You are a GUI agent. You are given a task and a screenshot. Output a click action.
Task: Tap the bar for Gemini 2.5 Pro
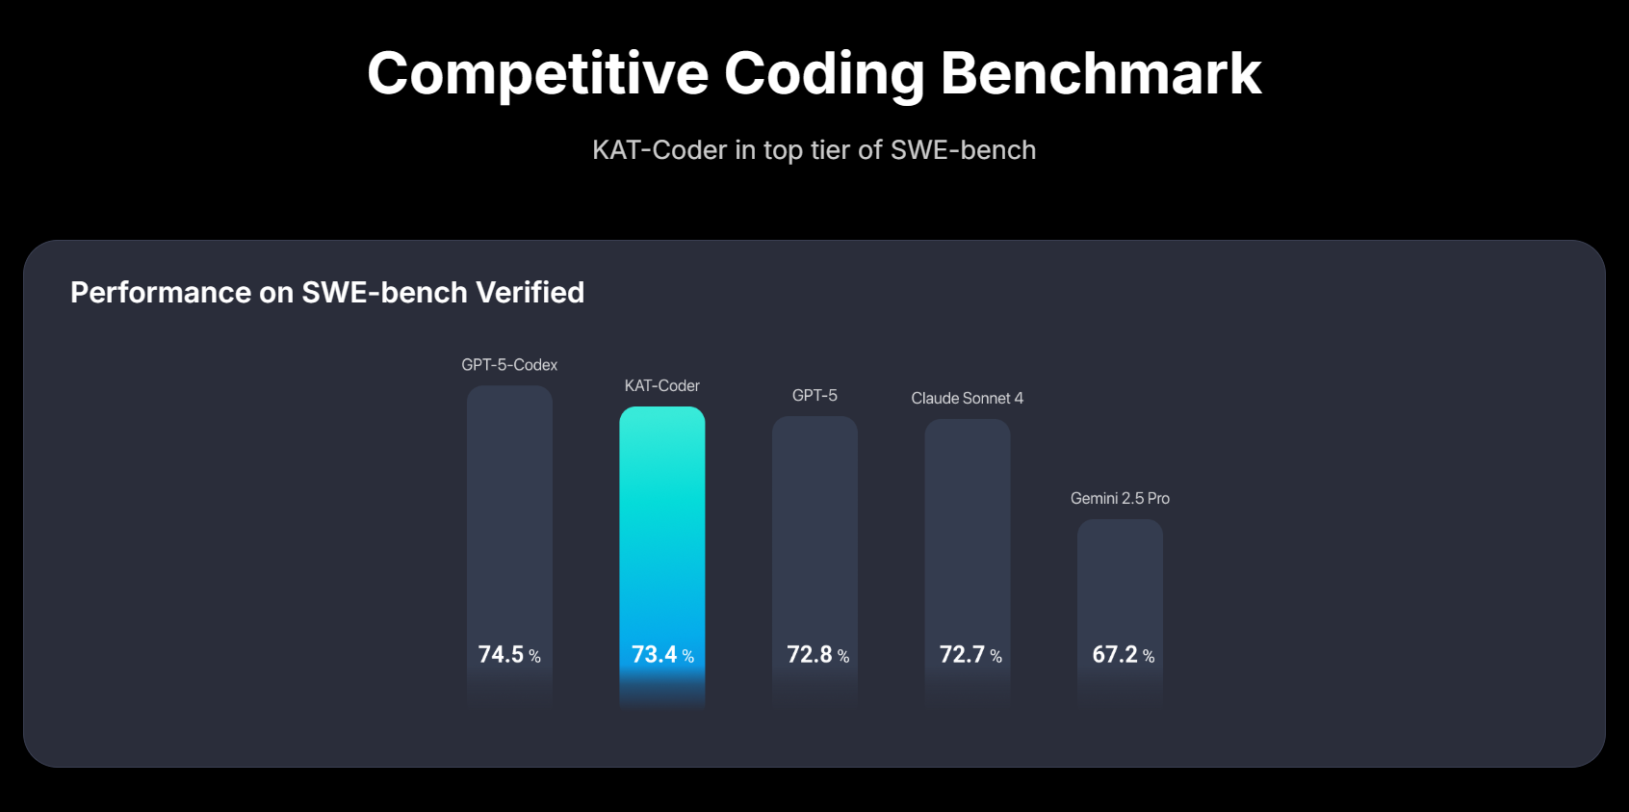point(1120,578)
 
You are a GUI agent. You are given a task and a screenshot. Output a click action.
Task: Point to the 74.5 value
point(501,655)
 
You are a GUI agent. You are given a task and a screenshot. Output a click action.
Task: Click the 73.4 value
point(654,655)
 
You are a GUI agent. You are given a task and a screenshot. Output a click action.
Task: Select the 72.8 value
point(809,655)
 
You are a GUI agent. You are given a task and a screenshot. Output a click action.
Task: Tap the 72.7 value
point(962,655)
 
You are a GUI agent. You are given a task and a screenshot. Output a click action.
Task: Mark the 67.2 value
point(1115,655)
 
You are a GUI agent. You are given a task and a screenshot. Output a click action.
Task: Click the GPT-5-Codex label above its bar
point(509,365)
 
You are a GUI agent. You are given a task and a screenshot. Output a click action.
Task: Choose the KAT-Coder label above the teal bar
point(661,385)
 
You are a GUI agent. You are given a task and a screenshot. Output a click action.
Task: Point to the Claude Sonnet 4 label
point(967,398)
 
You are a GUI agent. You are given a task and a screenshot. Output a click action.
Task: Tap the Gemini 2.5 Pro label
point(1120,498)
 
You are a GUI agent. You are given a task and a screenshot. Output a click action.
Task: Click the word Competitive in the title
point(537,73)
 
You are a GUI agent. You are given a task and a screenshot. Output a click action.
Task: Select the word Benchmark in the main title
point(1100,73)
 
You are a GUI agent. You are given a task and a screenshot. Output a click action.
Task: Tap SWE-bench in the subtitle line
point(963,150)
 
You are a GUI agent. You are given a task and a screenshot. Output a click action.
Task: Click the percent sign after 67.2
point(1149,657)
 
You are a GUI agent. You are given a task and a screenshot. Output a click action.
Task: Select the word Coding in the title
point(824,73)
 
